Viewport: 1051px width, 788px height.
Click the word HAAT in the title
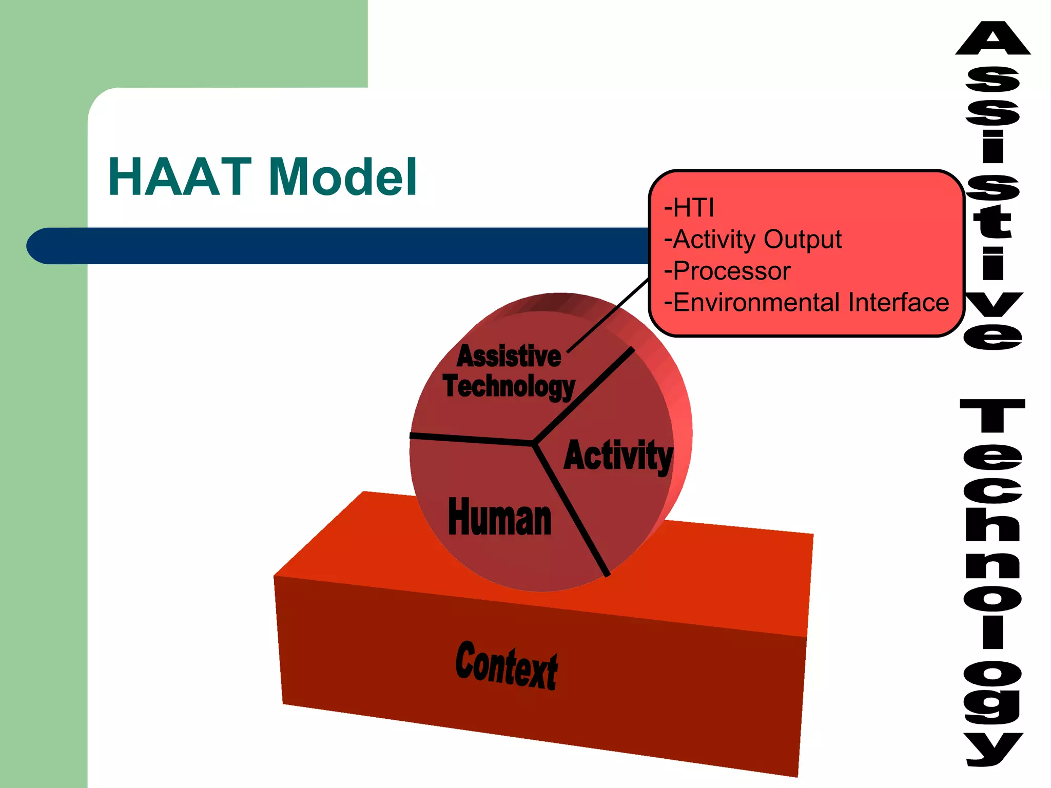(180, 177)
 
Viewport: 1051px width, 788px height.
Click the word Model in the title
(342, 177)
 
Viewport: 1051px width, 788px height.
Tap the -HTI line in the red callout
(689, 208)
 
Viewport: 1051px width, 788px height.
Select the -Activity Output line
(752, 240)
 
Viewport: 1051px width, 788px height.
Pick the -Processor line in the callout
(727, 271)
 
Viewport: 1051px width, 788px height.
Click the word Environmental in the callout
(757, 302)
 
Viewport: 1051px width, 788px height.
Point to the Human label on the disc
(499, 518)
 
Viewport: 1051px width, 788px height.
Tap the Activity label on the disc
(618, 456)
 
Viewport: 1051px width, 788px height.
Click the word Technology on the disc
(509, 386)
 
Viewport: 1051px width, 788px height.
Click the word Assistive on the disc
(509, 356)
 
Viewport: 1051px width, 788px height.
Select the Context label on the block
(506, 665)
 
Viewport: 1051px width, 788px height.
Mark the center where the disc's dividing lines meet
(534, 442)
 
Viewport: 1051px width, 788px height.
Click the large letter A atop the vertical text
(992, 40)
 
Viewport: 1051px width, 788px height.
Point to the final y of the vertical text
(992, 749)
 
